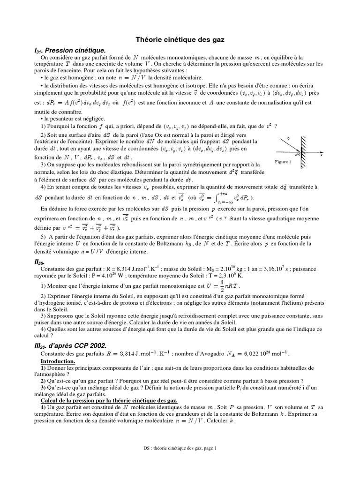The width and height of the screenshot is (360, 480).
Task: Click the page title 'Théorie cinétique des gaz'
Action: click(x=180, y=41)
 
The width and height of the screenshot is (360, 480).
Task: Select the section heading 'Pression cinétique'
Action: click(x=75, y=50)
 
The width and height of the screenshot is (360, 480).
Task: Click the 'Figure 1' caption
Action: click(x=284, y=162)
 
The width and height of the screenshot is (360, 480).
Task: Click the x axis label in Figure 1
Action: click(x=322, y=155)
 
